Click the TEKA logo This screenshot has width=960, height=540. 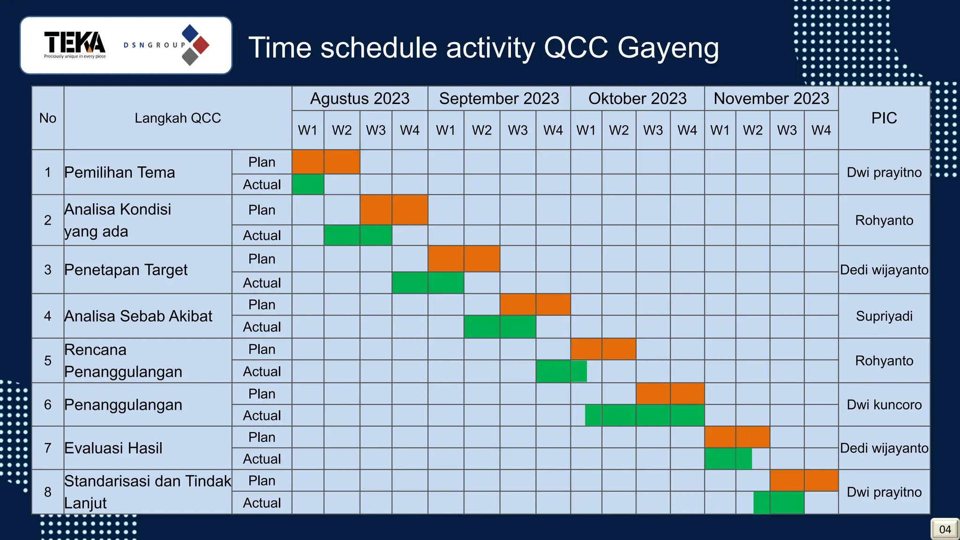(x=75, y=44)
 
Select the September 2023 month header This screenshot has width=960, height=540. (x=499, y=98)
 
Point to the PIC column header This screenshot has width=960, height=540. (x=884, y=118)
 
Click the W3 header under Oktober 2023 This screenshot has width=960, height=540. (x=653, y=130)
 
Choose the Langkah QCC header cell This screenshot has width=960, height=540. (x=178, y=118)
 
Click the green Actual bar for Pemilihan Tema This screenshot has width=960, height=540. (x=308, y=184)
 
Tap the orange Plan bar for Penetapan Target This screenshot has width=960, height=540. (x=464, y=259)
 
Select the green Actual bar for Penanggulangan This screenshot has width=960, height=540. (x=645, y=415)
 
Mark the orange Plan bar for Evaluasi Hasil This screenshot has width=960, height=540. (x=737, y=437)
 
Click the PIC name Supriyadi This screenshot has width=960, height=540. (x=884, y=316)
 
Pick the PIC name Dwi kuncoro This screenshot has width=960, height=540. (x=884, y=405)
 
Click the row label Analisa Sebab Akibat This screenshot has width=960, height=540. (x=138, y=316)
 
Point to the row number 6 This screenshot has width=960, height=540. (x=48, y=405)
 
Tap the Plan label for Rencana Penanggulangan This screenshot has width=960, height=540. (x=262, y=349)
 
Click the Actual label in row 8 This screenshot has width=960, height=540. (x=262, y=503)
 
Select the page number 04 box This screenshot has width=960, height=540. (x=945, y=529)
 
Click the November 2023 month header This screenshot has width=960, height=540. (x=771, y=98)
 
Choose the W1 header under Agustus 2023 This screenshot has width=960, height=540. (x=308, y=130)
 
